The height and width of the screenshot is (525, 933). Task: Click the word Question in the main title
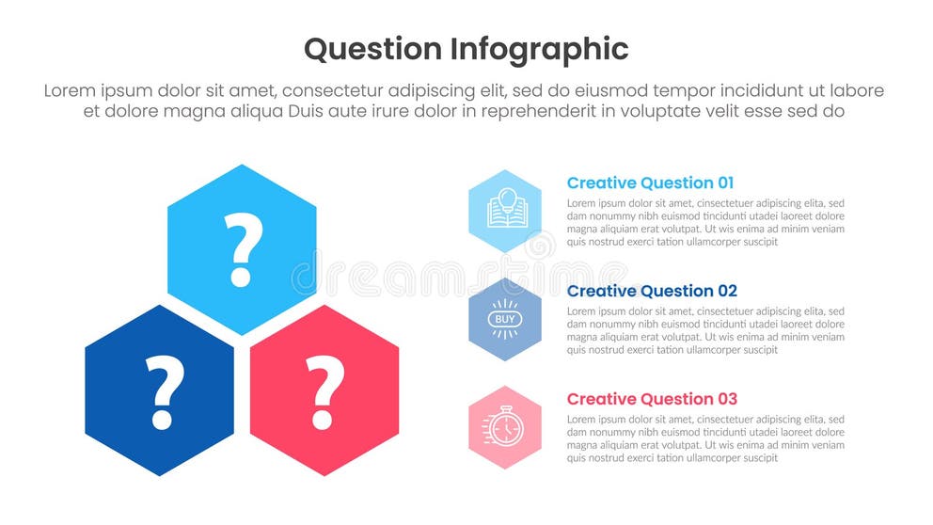373,49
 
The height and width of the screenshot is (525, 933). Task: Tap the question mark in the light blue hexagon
242,249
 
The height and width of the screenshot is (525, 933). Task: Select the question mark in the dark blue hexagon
162,391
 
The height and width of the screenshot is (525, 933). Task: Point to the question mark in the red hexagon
324,391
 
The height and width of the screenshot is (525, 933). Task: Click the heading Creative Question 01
650,183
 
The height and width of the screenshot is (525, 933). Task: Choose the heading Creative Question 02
652,292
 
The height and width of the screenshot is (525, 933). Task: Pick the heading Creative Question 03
652,399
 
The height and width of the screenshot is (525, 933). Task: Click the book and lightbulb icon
505,211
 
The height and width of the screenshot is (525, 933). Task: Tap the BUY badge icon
505,319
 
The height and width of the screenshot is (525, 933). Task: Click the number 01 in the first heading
725,183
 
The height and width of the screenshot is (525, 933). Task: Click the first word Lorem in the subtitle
72,91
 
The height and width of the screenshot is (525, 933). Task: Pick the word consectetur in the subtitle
337,91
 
